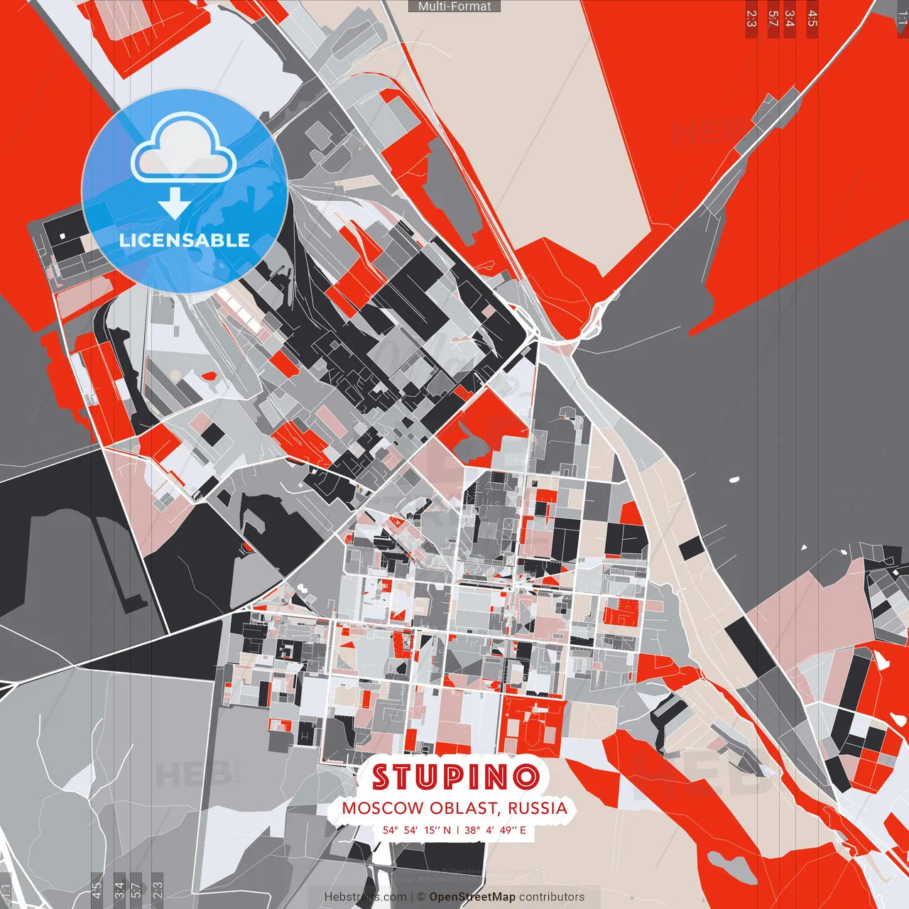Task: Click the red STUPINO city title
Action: point(455,776)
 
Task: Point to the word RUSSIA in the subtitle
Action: point(538,808)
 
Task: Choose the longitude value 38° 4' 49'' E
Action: point(495,829)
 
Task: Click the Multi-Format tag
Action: point(454,6)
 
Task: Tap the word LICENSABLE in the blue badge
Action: point(185,240)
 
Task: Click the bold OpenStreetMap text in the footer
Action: point(472,897)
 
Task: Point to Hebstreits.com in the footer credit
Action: point(365,897)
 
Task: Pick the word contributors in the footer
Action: point(552,897)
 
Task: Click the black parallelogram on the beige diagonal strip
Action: point(691,548)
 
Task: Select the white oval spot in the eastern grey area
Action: point(734,480)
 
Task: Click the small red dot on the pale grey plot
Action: point(209,376)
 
